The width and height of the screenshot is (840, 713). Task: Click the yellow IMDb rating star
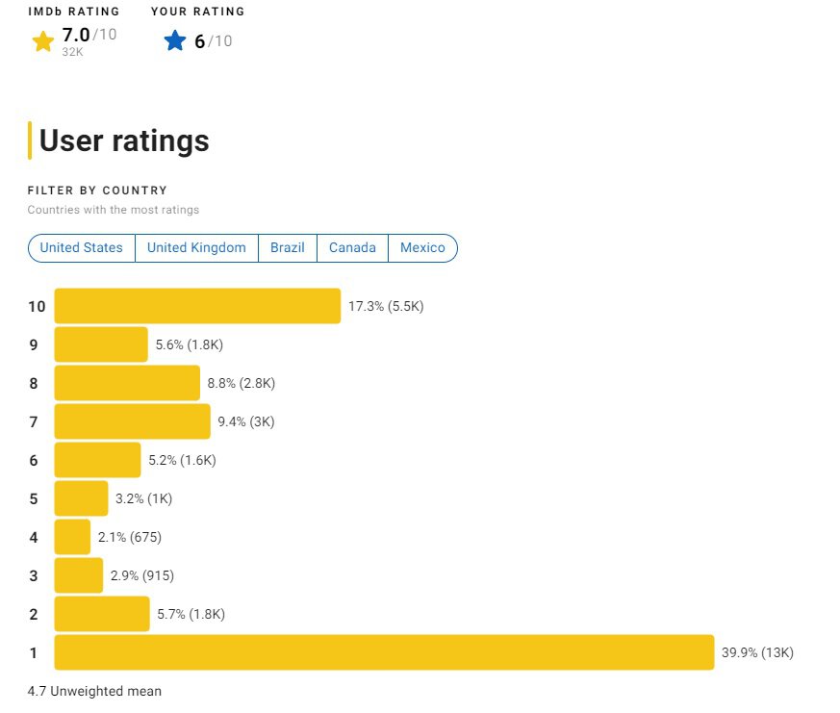pyautogui.click(x=42, y=40)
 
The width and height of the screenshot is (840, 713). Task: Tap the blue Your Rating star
pyautogui.click(x=174, y=40)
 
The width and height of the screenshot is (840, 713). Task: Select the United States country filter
pyautogui.click(x=82, y=247)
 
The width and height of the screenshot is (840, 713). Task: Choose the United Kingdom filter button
pyautogui.click(x=196, y=247)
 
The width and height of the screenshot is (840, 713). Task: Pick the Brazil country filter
pyautogui.click(x=287, y=247)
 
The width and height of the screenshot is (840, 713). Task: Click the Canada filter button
pyautogui.click(x=352, y=247)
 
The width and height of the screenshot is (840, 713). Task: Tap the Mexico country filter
pyautogui.click(x=422, y=247)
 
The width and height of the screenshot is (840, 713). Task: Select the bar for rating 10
pyautogui.click(x=197, y=306)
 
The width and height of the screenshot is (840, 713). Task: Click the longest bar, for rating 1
pyautogui.click(x=384, y=652)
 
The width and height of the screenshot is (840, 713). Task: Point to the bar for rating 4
pyautogui.click(x=72, y=537)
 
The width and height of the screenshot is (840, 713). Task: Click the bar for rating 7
pyautogui.click(x=132, y=421)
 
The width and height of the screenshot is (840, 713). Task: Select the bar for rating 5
pyautogui.click(x=81, y=498)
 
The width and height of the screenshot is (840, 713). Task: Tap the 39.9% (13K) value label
pyautogui.click(x=757, y=652)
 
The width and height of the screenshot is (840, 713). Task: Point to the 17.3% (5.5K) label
pyautogui.click(x=386, y=306)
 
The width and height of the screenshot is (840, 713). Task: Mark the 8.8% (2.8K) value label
pyautogui.click(x=242, y=383)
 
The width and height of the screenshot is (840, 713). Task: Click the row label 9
pyautogui.click(x=34, y=344)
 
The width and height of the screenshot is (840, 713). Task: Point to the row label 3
pyautogui.click(x=34, y=575)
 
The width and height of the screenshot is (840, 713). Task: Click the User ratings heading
pyautogui.click(x=123, y=140)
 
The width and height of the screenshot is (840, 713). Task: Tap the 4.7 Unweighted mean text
pyautogui.click(x=94, y=691)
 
